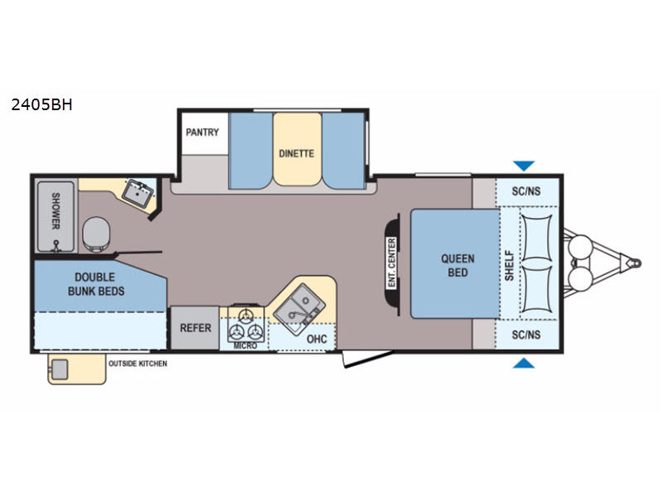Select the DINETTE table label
tap(296, 152)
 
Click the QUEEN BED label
tap(457, 265)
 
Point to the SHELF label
tap(510, 265)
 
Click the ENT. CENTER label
tap(391, 263)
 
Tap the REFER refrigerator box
tap(196, 328)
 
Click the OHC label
tap(316, 338)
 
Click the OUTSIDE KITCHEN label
tap(138, 363)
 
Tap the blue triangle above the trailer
tap(525, 166)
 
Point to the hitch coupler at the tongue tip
tap(633, 261)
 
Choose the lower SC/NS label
tap(525, 335)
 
